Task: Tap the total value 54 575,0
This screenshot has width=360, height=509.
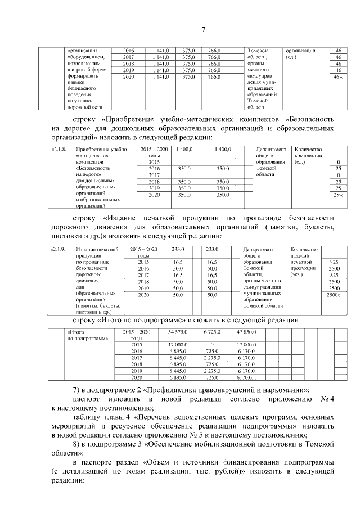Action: coord(178,332)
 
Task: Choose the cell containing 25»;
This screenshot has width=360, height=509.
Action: coord(338,195)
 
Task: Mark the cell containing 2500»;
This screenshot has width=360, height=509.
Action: coord(335,295)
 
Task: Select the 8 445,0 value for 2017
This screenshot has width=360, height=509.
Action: coord(178,357)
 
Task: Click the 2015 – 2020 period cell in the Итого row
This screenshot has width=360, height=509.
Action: coord(137,335)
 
